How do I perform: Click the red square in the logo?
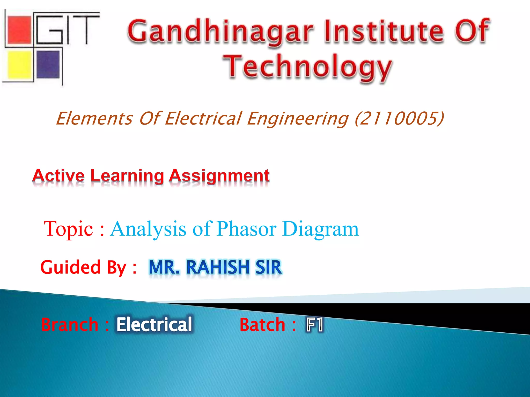tap(20, 29)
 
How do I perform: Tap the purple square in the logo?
tap(48, 64)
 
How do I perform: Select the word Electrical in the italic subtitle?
tap(203, 118)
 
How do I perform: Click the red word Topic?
tap(68, 229)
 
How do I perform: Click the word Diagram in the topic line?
tap(320, 229)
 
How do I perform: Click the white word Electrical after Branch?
tap(154, 325)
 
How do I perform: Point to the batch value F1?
tap(315, 325)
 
